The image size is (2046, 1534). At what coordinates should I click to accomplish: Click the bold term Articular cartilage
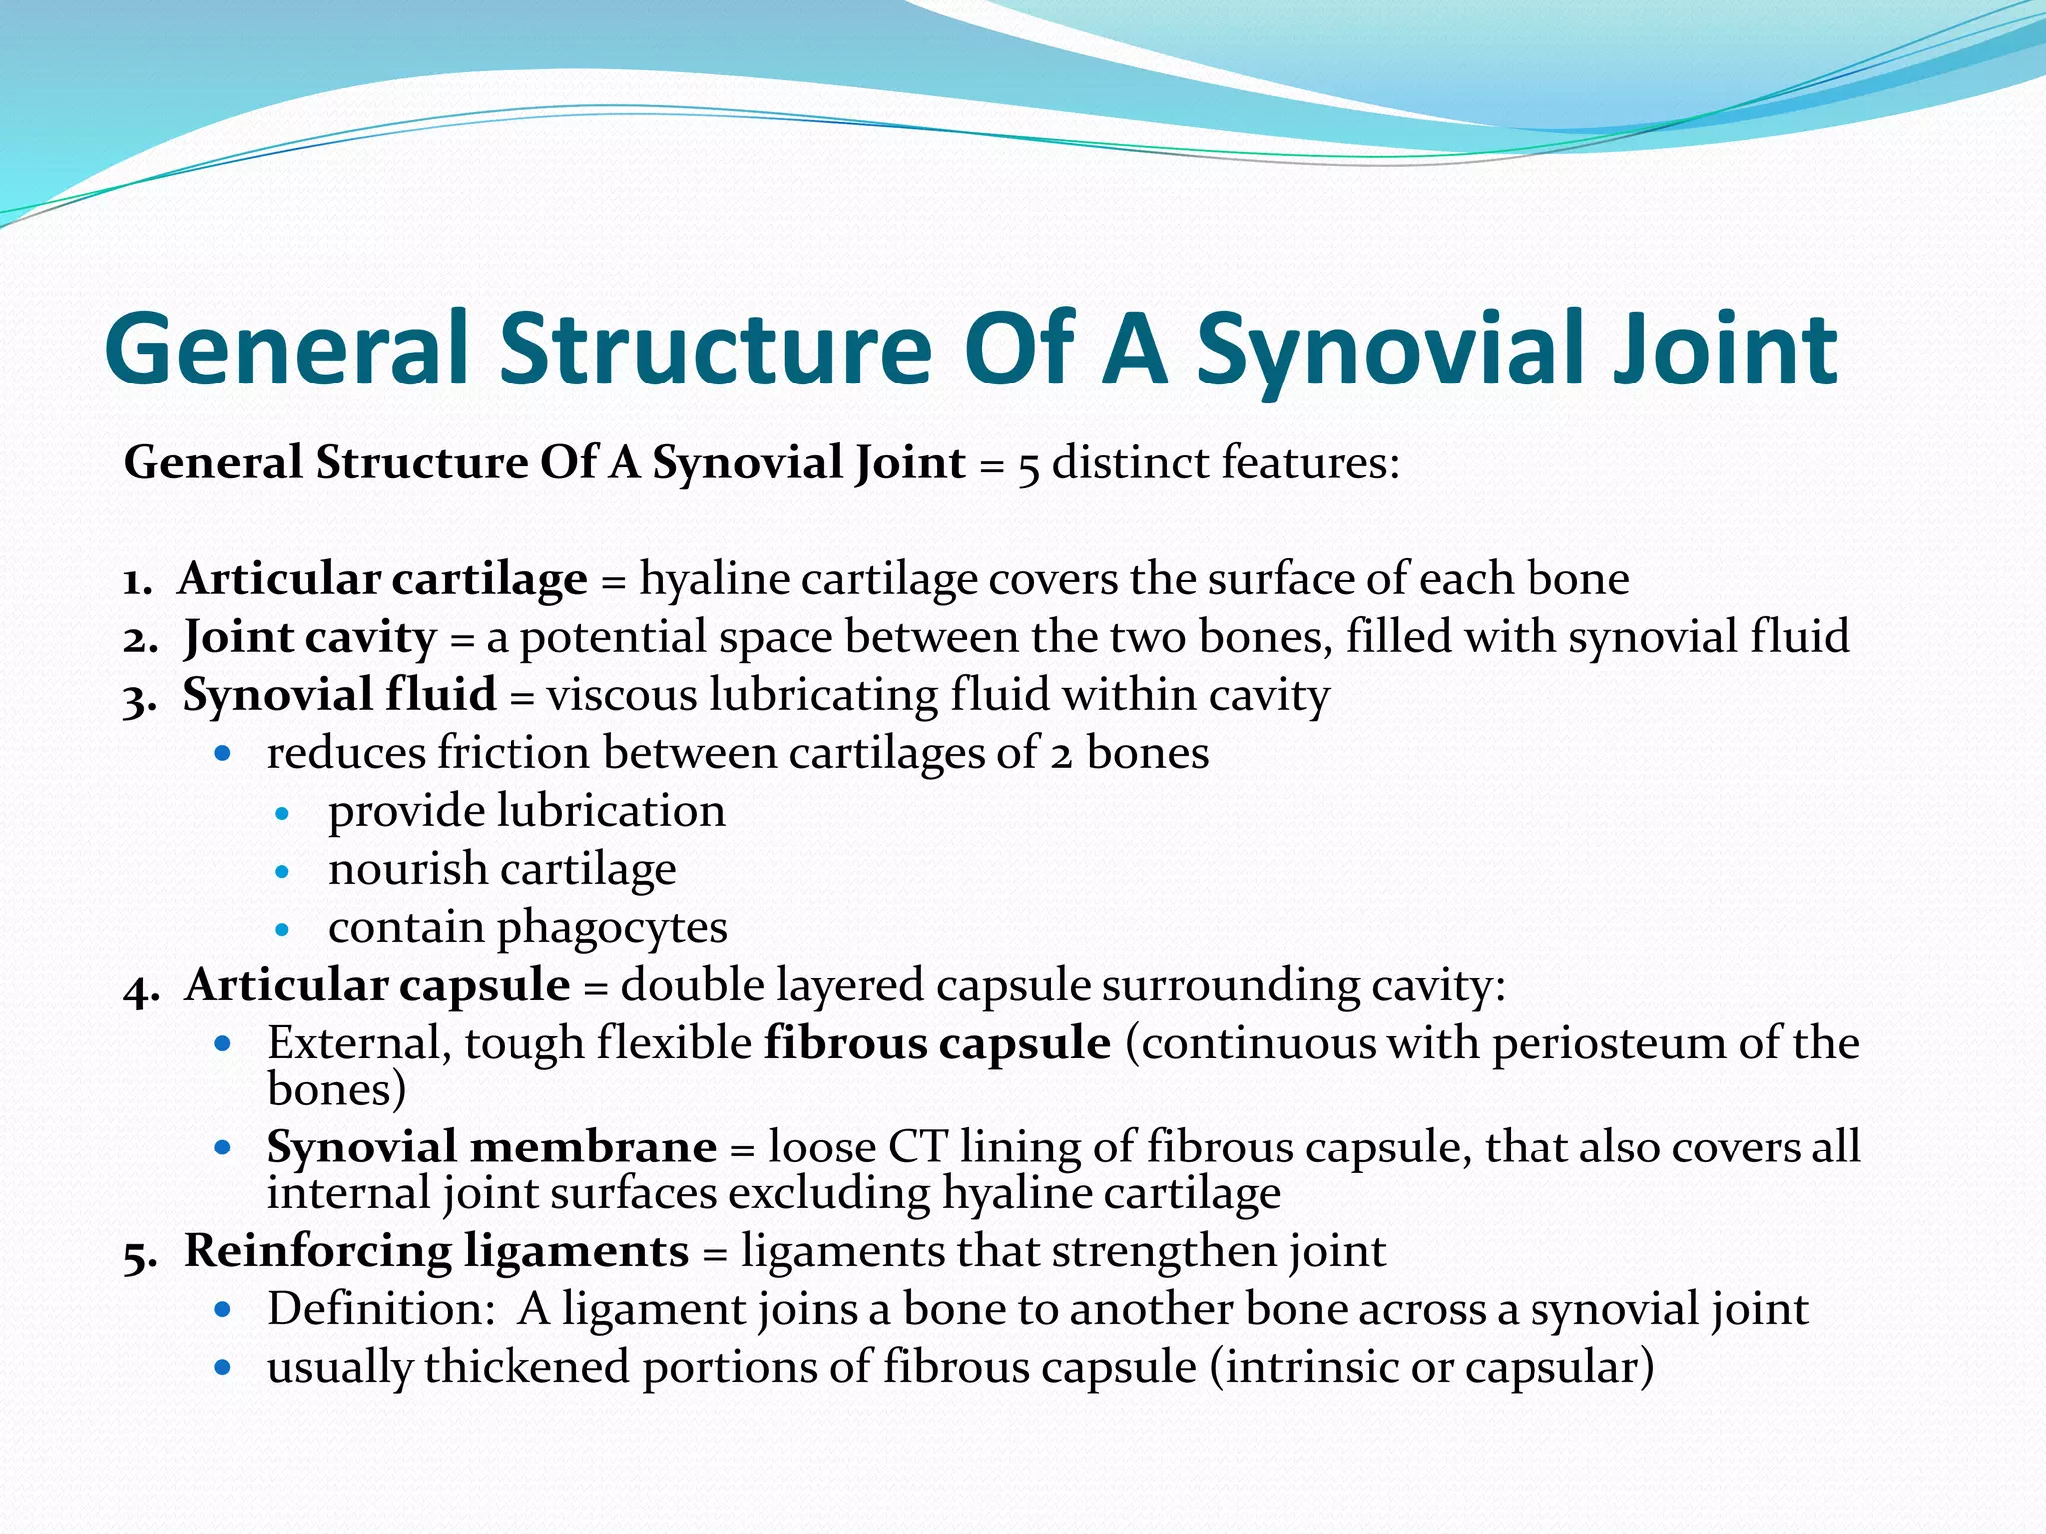[x=383, y=579]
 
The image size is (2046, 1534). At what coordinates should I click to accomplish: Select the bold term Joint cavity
[x=310, y=637]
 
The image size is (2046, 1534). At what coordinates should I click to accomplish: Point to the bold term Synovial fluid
[x=339, y=695]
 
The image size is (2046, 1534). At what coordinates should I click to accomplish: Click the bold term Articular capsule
[x=378, y=985]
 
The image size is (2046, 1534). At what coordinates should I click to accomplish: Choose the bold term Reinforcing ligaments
[x=437, y=1251]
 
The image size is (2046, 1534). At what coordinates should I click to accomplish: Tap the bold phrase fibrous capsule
[x=937, y=1043]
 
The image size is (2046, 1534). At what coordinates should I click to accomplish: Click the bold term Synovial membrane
[x=492, y=1147]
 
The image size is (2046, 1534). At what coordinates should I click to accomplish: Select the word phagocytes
[x=611, y=927]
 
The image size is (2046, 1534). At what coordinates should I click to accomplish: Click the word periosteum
[x=1608, y=1043]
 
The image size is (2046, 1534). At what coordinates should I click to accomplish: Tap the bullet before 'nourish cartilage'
[x=282, y=871]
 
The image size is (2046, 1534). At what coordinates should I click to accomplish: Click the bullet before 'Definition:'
[x=223, y=1309]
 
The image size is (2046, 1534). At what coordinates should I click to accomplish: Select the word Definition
[x=376, y=1309]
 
